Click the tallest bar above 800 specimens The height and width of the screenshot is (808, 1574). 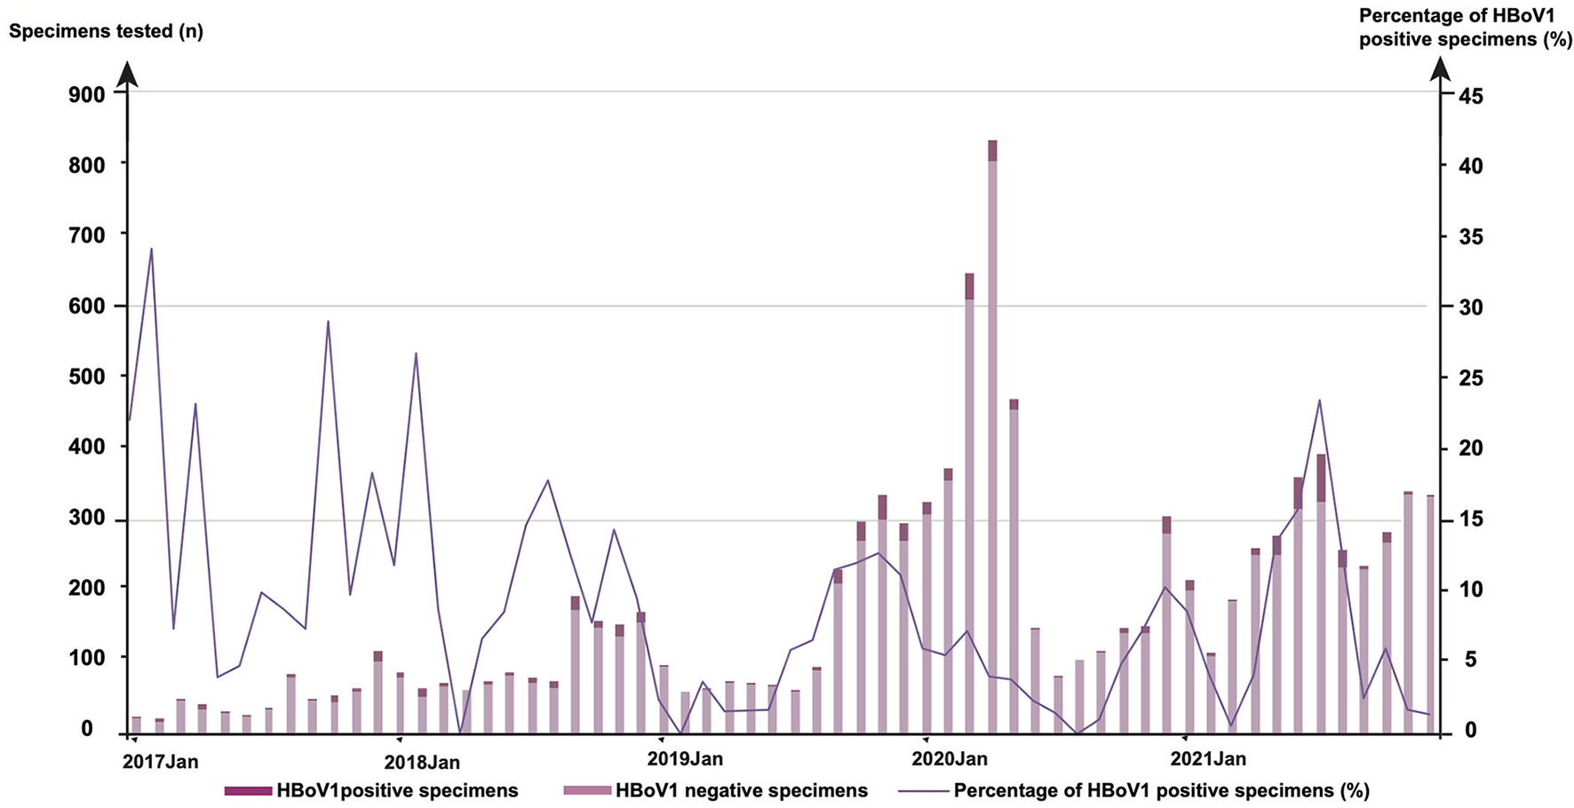992,435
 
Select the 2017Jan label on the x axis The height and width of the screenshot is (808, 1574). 160,762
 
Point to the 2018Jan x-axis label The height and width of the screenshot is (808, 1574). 422,762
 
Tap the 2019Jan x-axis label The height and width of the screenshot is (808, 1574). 685,759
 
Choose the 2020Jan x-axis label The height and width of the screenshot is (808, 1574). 950,759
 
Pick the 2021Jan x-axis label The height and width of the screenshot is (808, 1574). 1208,759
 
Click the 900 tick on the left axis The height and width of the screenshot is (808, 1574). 86,94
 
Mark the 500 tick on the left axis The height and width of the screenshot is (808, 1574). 86,376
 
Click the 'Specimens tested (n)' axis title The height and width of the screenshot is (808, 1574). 106,32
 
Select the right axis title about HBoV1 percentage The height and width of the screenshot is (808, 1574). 1466,28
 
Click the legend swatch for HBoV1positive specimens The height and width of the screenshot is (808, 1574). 248,790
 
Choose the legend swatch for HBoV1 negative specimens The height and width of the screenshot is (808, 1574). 587,790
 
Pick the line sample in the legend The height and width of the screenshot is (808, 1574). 924,790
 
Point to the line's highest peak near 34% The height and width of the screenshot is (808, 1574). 152,249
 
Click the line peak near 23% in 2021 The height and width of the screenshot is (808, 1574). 1319,400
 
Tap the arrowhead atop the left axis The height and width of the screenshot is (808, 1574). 128,75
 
